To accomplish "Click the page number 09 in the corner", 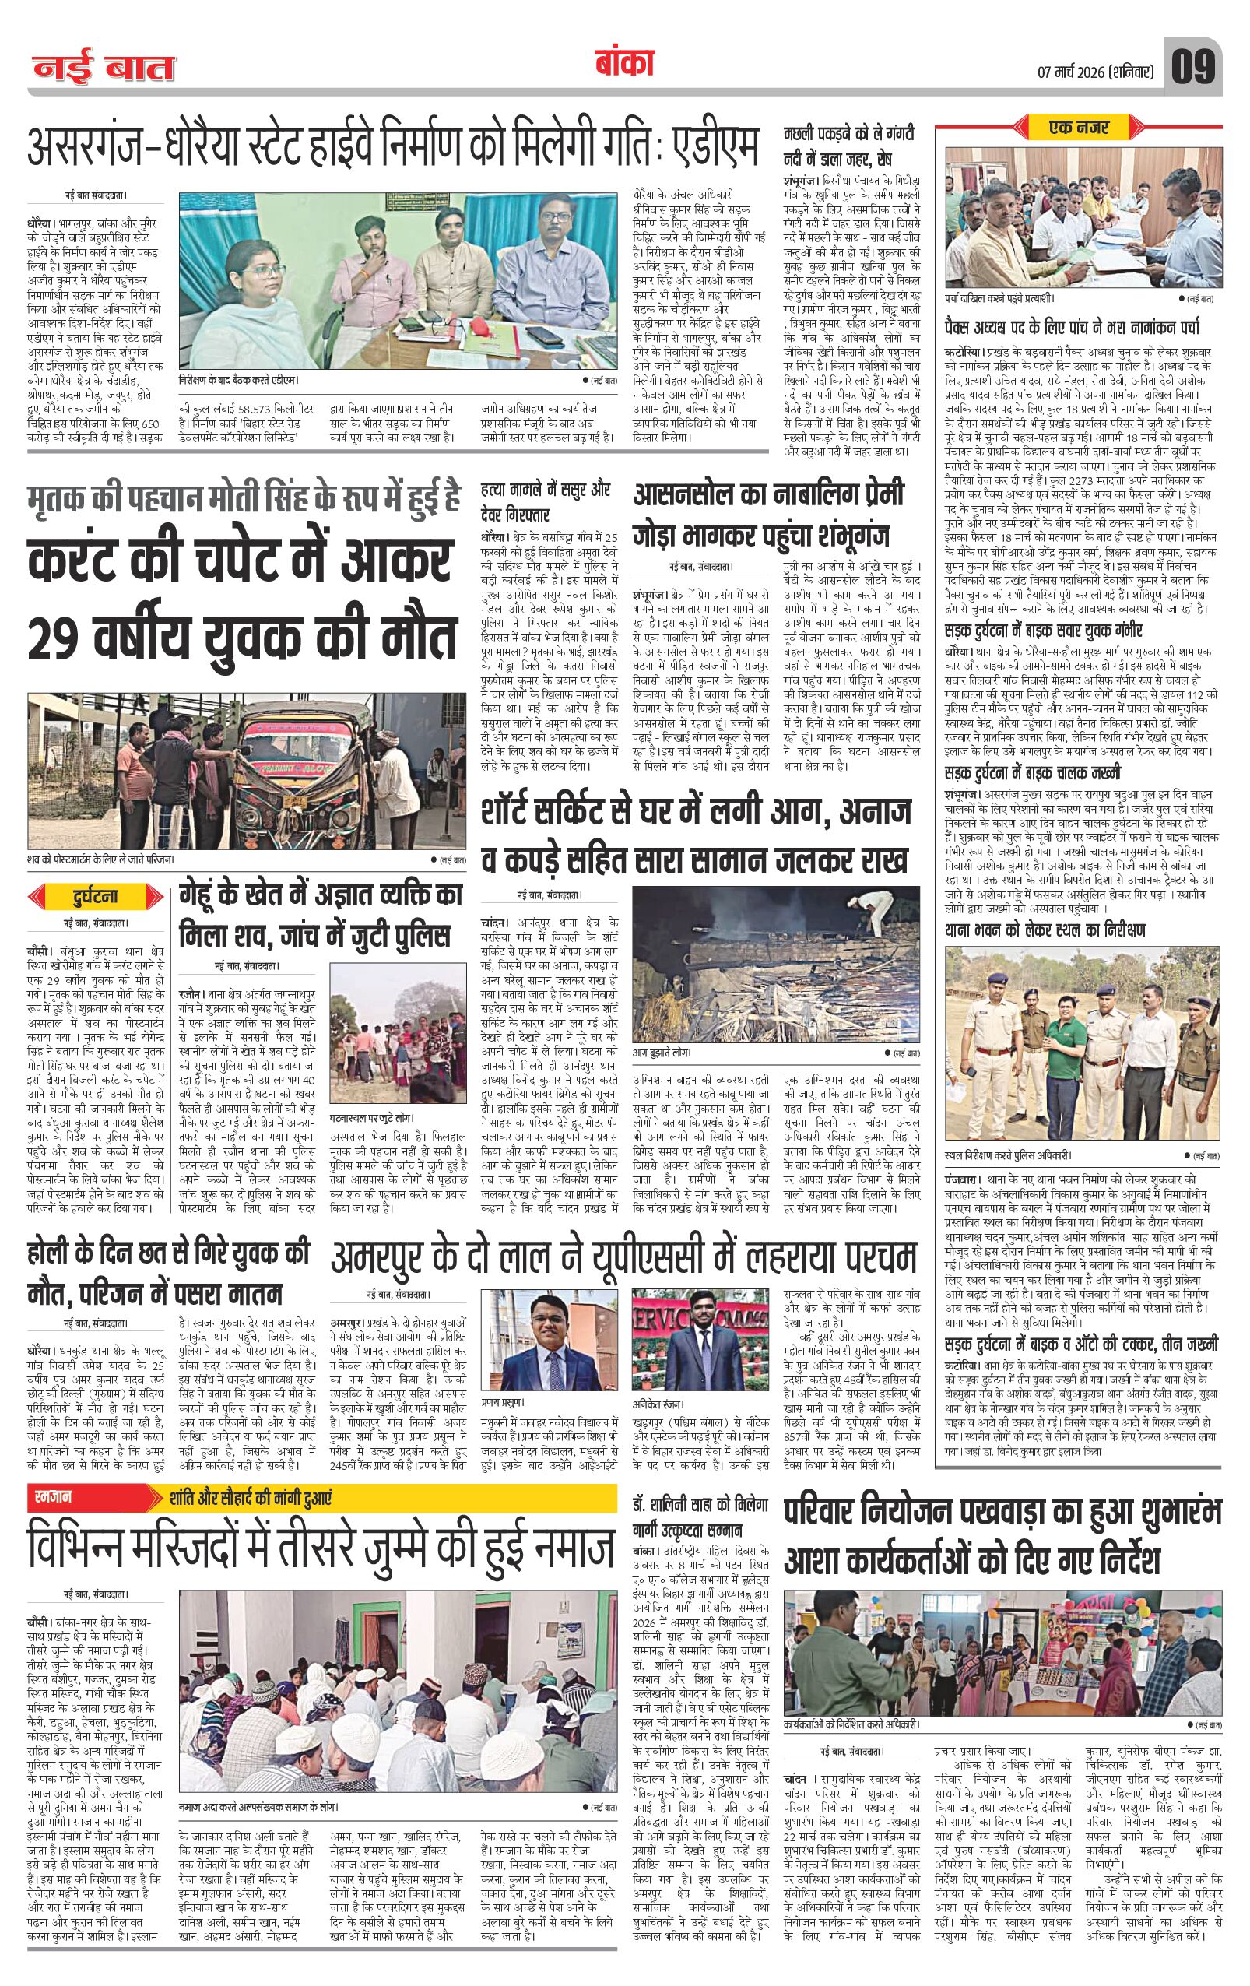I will (x=1192, y=68).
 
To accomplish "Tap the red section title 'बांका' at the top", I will (x=623, y=65).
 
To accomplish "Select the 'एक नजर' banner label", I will (x=1080, y=128).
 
